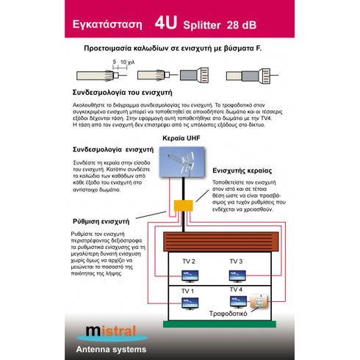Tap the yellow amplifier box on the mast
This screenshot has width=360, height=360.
pos(181,206)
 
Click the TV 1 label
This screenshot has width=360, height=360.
pos(189,291)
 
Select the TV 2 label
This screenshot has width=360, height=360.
pos(189,262)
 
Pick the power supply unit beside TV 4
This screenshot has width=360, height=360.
pos(258,303)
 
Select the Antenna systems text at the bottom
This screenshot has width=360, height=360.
pos(107,349)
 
